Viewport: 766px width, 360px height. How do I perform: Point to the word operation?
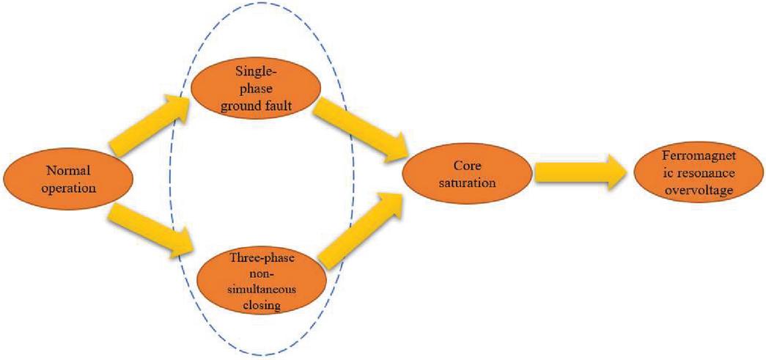68,188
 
